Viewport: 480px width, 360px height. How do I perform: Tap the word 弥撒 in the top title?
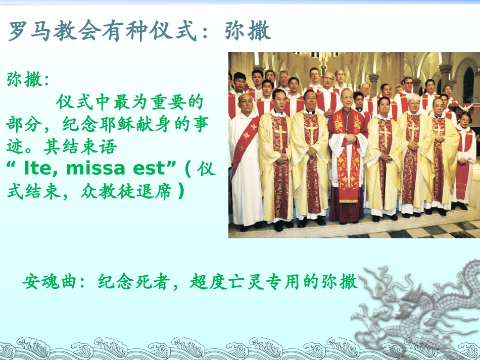(248, 31)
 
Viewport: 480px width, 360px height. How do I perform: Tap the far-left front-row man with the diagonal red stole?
(245, 162)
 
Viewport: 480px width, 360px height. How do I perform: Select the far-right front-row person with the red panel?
(464, 162)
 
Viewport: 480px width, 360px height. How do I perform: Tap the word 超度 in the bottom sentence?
(206, 282)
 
